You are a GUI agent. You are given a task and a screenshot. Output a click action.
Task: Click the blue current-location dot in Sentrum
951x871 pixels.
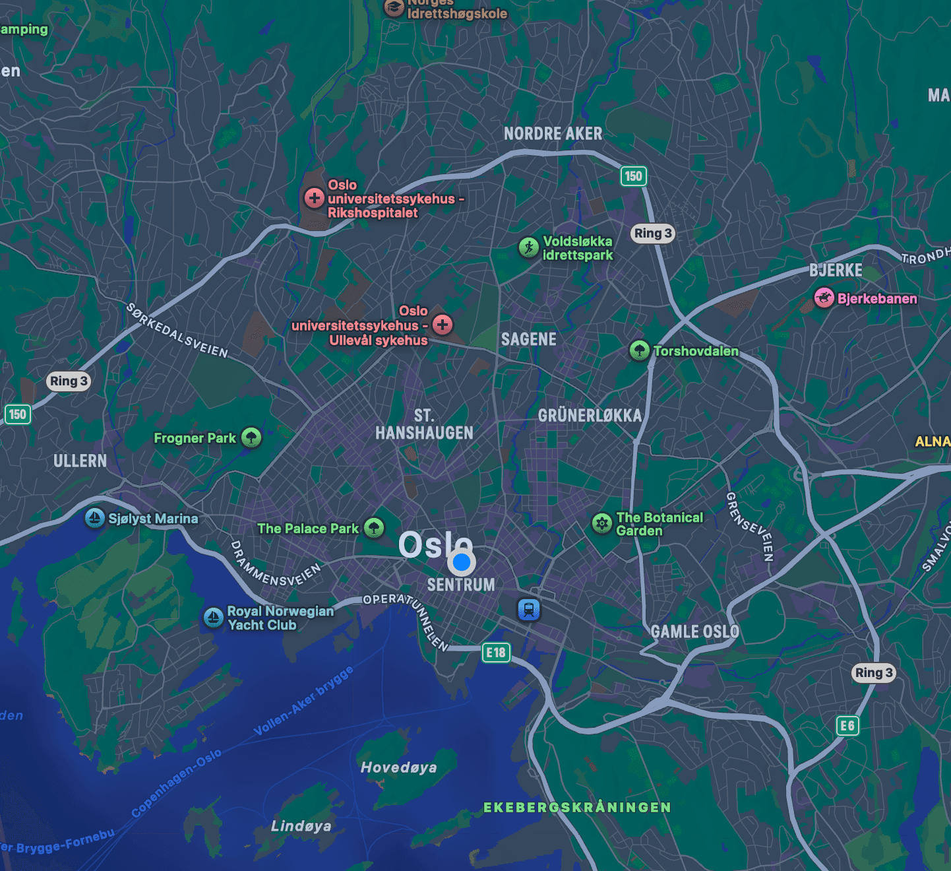pos(462,562)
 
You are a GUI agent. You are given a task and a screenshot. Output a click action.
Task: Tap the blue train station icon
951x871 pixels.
pos(528,609)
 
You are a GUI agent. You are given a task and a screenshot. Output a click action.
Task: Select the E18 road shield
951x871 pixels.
pos(496,653)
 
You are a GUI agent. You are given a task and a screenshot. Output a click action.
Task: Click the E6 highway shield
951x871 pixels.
pos(847,726)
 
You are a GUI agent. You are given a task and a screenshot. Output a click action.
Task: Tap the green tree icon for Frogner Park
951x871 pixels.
pos(251,437)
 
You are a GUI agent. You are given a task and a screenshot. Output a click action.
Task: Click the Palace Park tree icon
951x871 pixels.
pos(374,527)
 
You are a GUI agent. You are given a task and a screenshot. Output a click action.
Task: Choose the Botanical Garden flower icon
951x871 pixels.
pos(601,523)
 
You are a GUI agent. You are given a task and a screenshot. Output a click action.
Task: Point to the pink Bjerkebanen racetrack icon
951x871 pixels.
pos(824,298)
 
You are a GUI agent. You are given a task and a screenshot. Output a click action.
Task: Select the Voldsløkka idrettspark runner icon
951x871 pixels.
pos(528,247)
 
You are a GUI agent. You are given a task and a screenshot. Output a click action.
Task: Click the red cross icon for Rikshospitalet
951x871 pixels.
pos(314,197)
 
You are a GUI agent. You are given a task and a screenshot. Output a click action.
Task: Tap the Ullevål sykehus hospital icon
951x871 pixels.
pos(443,324)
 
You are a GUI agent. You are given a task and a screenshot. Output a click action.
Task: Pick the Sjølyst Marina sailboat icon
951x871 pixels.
pos(95,517)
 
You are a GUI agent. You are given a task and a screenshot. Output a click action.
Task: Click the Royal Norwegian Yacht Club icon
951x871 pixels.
pos(213,618)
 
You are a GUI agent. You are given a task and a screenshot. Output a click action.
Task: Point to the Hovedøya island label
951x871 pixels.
pos(398,767)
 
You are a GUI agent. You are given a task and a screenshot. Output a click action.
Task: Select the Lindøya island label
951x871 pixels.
pos(301,825)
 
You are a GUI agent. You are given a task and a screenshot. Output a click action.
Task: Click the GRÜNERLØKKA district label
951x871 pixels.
pos(590,415)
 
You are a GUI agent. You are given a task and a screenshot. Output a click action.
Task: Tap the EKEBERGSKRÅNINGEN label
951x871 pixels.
pos(577,807)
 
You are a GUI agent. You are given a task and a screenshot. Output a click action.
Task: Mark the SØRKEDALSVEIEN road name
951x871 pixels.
pos(177,331)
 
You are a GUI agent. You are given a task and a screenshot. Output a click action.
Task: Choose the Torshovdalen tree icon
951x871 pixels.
pos(639,350)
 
